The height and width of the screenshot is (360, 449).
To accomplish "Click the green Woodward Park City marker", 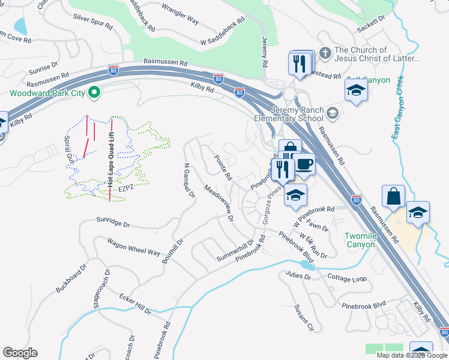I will pyautogui.click(x=94, y=92).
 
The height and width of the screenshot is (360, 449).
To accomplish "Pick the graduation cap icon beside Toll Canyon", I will pyautogui.click(x=356, y=91).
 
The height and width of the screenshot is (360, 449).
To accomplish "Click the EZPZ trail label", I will pyautogui.click(x=125, y=188).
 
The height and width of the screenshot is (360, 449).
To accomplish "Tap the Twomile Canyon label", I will pyautogui.click(x=361, y=240).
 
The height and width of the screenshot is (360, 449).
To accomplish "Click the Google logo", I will pyautogui.click(x=20, y=353).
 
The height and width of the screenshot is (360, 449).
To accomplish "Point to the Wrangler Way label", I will pyautogui.click(x=181, y=14).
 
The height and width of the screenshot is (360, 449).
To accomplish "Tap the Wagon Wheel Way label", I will pyautogui.click(x=133, y=247).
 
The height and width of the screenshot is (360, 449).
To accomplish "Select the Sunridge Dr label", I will pyautogui.click(x=113, y=223).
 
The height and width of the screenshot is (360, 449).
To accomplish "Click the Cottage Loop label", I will pyautogui.click(x=346, y=278).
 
